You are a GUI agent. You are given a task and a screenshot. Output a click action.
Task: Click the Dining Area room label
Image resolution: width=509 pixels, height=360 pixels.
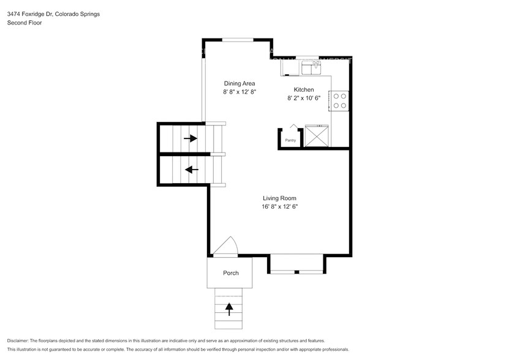pos(239,83)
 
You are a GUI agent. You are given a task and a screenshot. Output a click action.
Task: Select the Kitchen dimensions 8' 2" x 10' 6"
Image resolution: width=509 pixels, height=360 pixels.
pos(304,98)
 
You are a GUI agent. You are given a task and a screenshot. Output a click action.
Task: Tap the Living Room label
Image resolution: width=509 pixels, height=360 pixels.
pos(280,198)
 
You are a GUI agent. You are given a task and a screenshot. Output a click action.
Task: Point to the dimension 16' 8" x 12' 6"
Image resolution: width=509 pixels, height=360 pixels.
pos(280,207)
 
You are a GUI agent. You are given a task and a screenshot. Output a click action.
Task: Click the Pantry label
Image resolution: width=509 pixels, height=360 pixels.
pos(290,141)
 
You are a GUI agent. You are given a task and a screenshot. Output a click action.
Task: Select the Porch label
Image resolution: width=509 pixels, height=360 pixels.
pos(230,273)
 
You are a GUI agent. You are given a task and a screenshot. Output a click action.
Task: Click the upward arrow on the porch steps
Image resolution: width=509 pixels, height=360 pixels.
pos(230,309)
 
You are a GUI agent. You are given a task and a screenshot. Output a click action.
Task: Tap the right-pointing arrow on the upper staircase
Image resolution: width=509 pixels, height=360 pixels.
pos(190,138)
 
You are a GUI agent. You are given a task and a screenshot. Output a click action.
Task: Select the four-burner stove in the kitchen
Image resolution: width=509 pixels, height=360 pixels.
pos(339,101)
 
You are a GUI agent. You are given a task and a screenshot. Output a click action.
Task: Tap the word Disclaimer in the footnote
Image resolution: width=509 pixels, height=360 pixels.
pos(20,340)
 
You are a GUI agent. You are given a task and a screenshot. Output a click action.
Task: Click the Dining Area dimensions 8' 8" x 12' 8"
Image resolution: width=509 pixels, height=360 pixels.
pos(239,92)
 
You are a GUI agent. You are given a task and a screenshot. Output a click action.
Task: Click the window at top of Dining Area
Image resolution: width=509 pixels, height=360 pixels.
pos(239,40)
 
